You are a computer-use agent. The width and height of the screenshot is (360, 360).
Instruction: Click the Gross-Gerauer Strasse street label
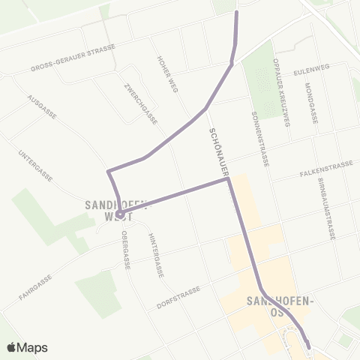click(x=73, y=58)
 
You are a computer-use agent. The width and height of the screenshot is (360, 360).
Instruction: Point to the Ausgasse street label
click(x=42, y=107)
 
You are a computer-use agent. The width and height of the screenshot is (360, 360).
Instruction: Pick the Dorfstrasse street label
click(x=178, y=298)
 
